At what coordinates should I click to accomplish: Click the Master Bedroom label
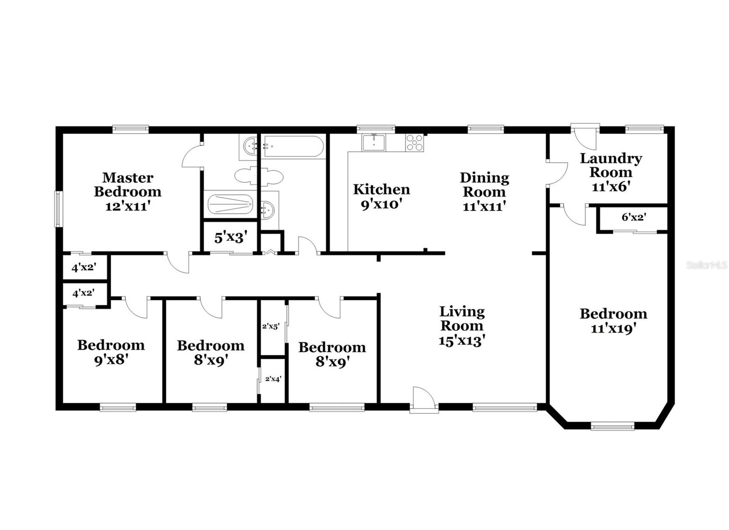pyautogui.click(x=128, y=191)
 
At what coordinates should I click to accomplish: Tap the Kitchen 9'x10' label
pyautogui.click(x=381, y=196)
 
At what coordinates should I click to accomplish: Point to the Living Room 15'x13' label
pyautogui.click(x=462, y=326)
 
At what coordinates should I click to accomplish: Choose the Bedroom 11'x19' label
pyautogui.click(x=613, y=320)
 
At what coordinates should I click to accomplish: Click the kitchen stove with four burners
pyautogui.click(x=414, y=142)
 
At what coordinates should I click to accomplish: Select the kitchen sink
pyautogui.click(x=374, y=142)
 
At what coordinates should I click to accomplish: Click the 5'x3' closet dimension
pyautogui.click(x=231, y=237)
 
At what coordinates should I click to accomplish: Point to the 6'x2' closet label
pyautogui.click(x=634, y=217)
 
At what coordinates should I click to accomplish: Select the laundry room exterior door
pyautogui.click(x=585, y=136)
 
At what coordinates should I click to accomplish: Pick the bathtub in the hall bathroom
pyautogui.click(x=294, y=147)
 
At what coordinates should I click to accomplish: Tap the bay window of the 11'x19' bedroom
pyautogui.click(x=612, y=427)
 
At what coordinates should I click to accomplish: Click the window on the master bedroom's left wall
pyautogui.click(x=58, y=209)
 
